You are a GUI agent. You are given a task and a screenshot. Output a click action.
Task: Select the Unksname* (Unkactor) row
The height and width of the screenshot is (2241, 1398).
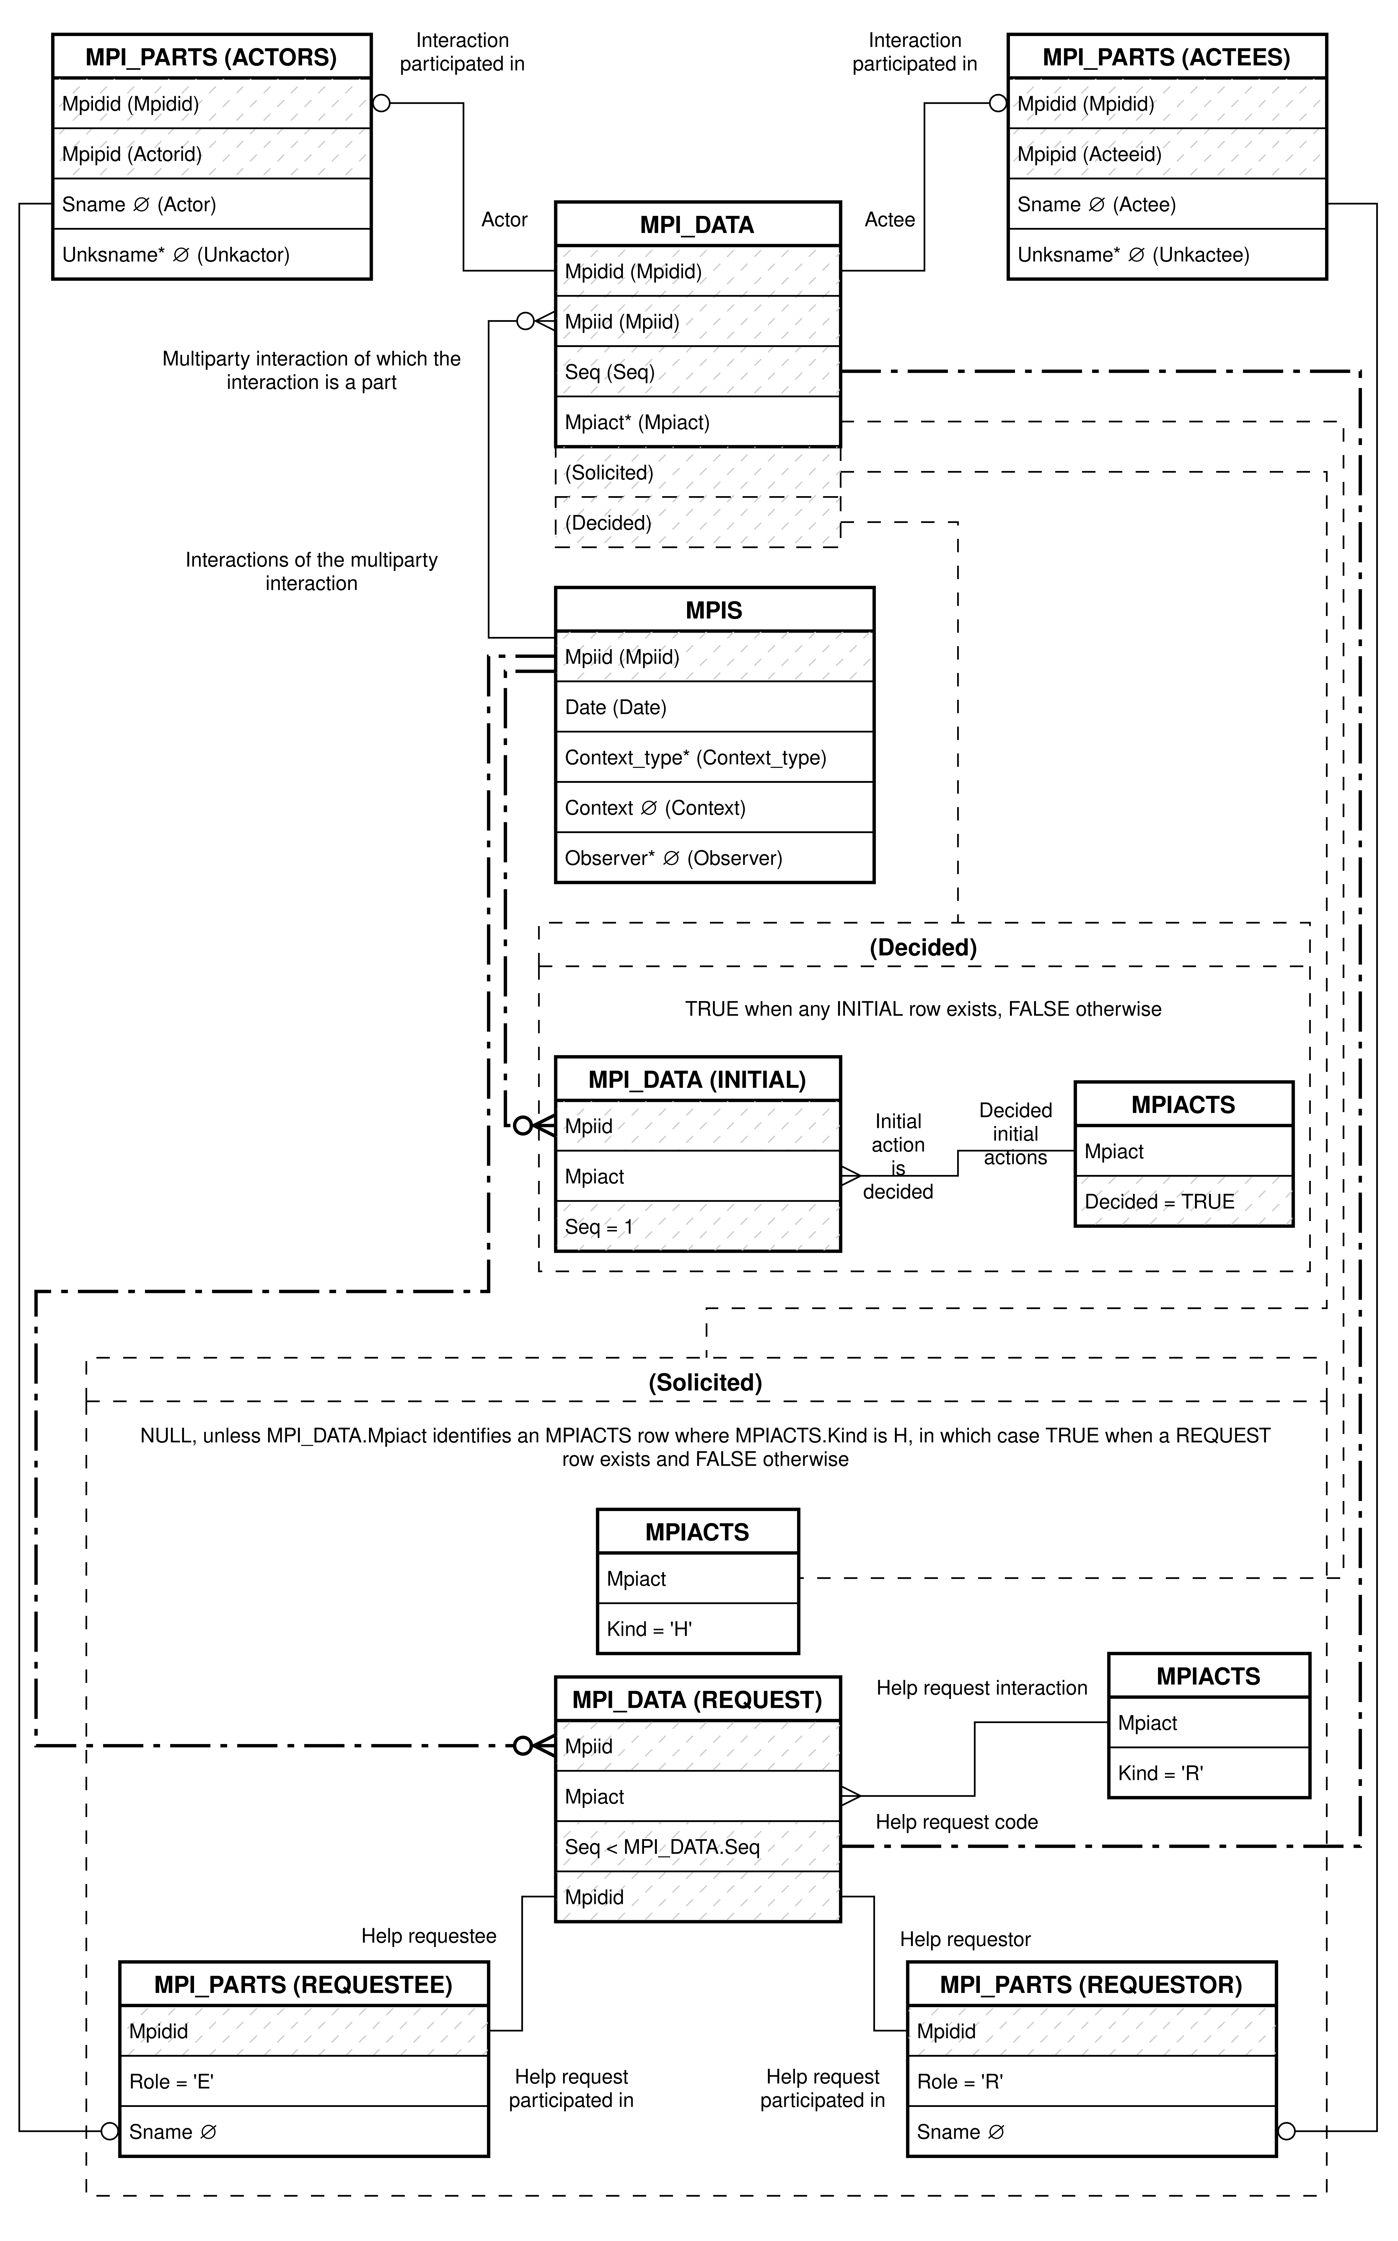point(212,254)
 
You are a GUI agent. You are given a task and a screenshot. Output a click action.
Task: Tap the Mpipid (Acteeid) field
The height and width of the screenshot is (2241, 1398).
point(1167,153)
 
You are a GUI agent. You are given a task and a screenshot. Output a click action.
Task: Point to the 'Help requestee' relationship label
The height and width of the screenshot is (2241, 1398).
point(429,1936)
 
